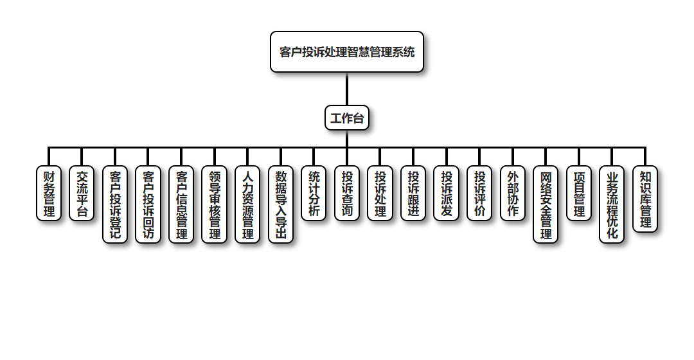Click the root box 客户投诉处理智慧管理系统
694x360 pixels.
click(x=347, y=52)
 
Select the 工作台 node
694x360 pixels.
click(x=347, y=118)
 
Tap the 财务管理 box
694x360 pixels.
click(x=49, y=194)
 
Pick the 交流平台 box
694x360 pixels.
click(x=82, y=194)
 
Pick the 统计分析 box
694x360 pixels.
click(x=314, y=194)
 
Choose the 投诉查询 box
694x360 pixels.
click(x=347, y=194)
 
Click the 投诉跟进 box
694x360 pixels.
click(x=413, y=194)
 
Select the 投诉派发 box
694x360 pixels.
click(x=447, y=194)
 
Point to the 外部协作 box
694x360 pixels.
click(x=513, y=194)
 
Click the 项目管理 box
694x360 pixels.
click(x=579, y=194)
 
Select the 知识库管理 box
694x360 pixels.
click(x=645, y=199)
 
